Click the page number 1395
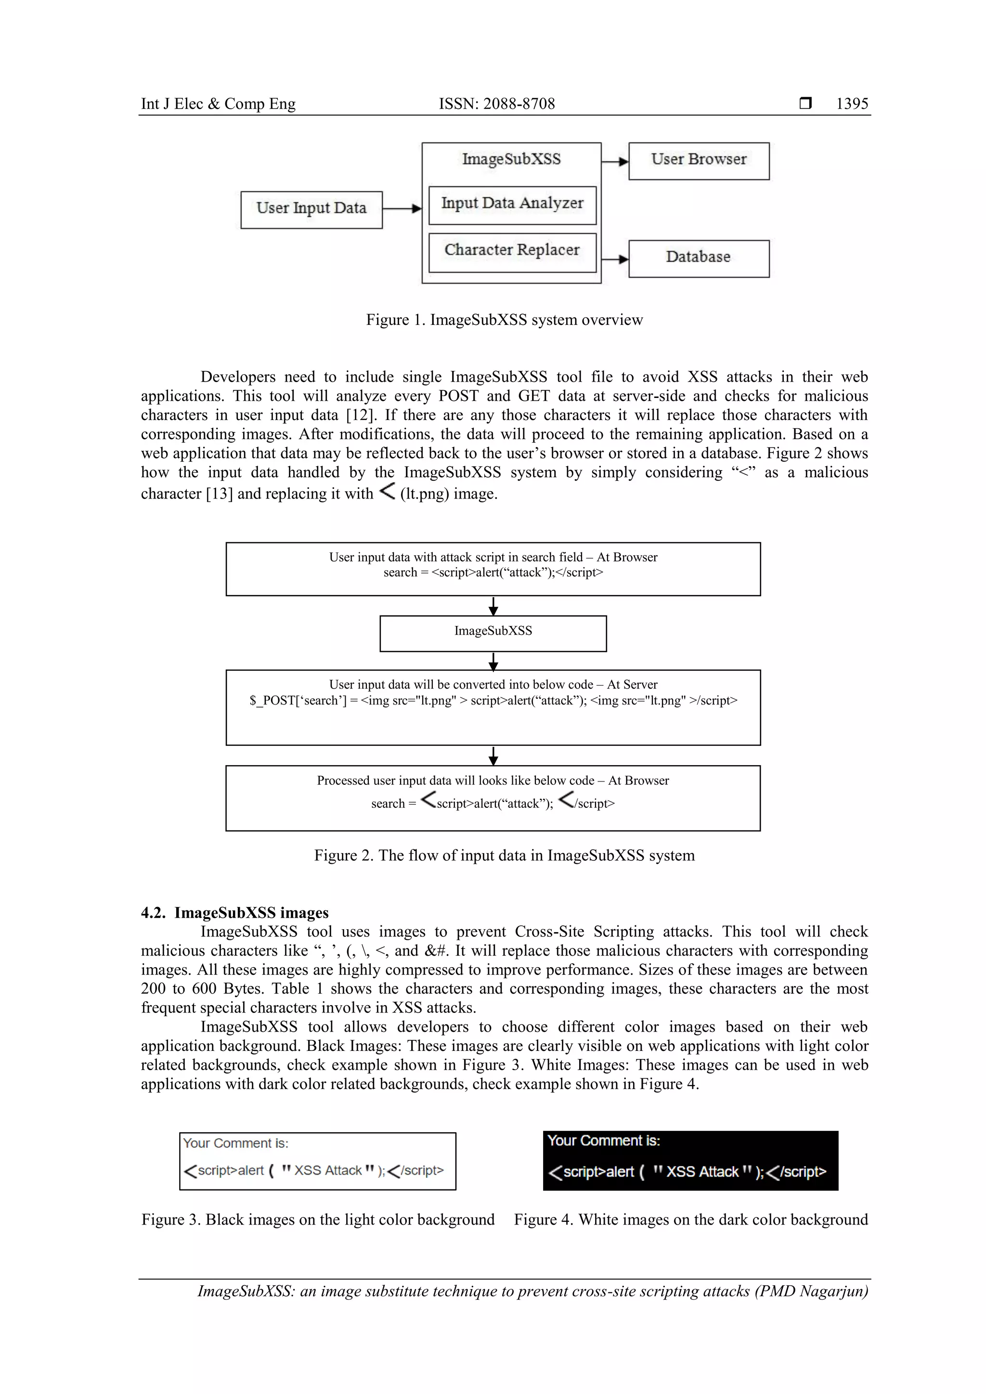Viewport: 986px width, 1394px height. (x=852, y=104)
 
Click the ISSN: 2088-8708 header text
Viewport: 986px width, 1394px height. (x=496, y=104)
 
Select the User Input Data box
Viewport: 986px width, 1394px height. (x=311, y=209)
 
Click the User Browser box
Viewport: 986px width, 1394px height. (x=698, y=161)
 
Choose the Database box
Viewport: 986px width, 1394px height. (x=698, y=258)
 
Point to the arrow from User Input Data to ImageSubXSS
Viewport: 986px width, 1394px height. (x=402, y=209)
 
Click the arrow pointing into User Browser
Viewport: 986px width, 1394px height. (x=614, y=162)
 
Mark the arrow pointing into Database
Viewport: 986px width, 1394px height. (x=614, y=259)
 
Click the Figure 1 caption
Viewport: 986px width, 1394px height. (x=504, y=320)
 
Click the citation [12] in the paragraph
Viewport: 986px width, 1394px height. (x=361, y=415)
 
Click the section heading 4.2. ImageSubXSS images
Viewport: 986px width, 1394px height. (x=234, y=912)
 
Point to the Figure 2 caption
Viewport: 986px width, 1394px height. (x=504, y=856)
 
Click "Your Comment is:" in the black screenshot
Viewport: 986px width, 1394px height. (x=603, y=1141)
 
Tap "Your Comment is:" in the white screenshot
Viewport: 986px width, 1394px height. (x=236, y=1143)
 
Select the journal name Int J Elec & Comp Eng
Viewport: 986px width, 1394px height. (x=218, y=104)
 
